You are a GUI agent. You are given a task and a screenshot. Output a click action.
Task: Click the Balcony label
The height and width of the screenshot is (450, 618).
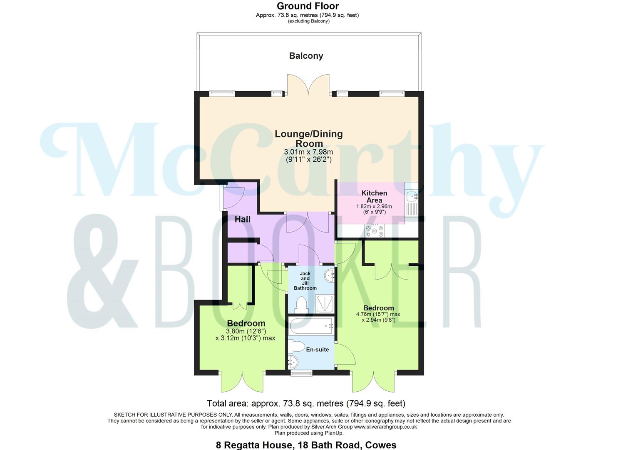(x=306, y=56)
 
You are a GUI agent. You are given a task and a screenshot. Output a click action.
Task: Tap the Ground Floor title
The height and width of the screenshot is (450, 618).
(x=308, y=6)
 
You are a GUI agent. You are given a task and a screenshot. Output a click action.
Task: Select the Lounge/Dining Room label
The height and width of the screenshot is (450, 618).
(x=308, y=138)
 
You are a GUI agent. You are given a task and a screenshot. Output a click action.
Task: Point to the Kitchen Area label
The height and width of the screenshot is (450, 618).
(x=374, y=196)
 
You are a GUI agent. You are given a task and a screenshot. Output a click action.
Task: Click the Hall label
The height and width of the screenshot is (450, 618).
(x=242, y=219)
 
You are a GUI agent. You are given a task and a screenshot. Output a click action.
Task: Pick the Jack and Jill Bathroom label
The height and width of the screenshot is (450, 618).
(x=305, y=281)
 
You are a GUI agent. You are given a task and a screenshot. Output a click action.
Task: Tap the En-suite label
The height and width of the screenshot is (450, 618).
(x=318, y=350)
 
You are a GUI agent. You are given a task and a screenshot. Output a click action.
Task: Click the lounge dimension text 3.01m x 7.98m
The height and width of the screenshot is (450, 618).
(x=308, y=152)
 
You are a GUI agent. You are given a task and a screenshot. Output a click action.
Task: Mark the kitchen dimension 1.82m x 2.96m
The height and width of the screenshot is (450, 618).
(x=374, y=206)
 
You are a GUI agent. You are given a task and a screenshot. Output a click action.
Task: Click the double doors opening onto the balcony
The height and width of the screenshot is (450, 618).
(x=308, y=85)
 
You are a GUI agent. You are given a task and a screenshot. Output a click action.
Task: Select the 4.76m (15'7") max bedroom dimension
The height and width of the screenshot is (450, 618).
(x=378, y=314)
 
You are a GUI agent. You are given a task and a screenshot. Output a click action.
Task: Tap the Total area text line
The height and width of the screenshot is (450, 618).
(x=306, y=403)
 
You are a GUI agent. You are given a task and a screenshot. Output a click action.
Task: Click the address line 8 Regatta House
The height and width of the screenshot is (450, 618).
(x=306, y=445)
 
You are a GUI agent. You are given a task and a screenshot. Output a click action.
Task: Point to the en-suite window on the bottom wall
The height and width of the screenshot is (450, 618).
(x=298, y=373)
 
